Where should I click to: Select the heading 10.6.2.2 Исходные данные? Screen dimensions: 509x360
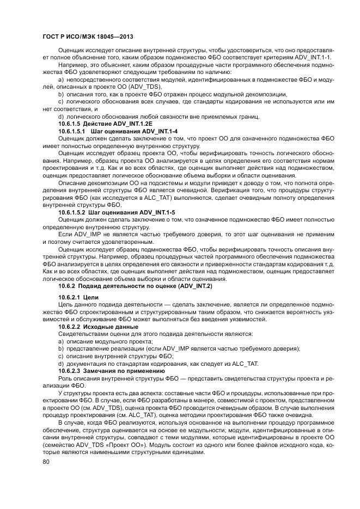point(99,326)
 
